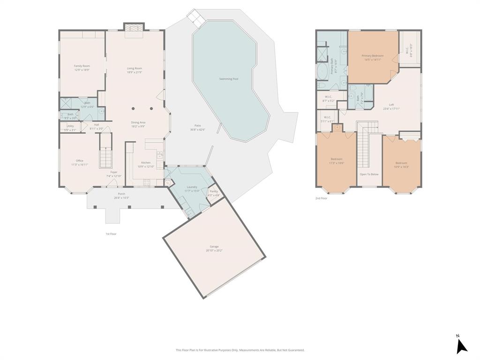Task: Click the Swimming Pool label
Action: [x=229, y=79]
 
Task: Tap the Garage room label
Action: [x=214, y=247]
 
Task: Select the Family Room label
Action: [x=82, y=66]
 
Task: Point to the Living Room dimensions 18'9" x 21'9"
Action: [x=135, y=72]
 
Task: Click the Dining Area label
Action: [x=138, y=122]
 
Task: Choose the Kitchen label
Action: [x=146, y=163]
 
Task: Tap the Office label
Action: [x=80, y=161]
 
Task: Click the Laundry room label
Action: [x=192, y=187]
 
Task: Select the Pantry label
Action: [x=214, y=191]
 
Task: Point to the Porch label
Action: [x=121, y=194]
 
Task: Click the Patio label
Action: [x=198, y=126]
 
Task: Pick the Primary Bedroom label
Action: [x=373, y=56]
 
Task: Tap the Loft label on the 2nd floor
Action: [x=391, y=105]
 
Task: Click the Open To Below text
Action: [x=369, y=174]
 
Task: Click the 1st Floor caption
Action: [x=111, y=233]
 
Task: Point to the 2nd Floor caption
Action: [x=322, y=198]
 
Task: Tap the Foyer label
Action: [x=114, y=172]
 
